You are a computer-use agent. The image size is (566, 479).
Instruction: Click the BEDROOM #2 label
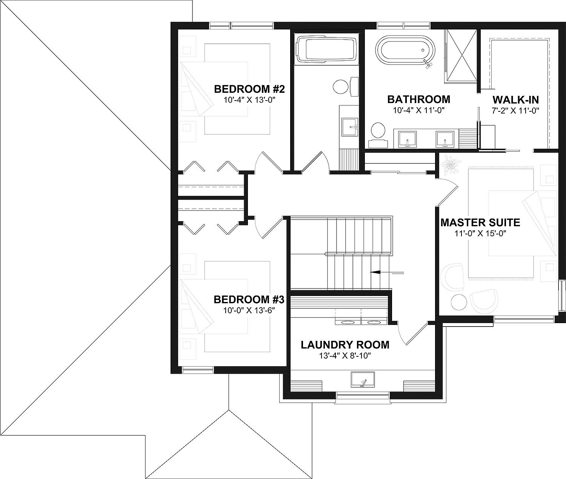coord(249,89)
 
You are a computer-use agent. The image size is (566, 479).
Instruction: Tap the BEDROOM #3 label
coord(249,300)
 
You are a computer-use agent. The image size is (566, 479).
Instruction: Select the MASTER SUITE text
coord(480,222)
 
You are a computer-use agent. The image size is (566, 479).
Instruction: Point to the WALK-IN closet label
coord(515,100)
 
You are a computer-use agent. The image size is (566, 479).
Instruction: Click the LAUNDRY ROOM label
coord(345,345)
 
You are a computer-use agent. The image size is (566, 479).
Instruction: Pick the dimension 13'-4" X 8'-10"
coord(345,356)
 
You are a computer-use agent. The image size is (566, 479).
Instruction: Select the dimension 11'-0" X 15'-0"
coord(480,234)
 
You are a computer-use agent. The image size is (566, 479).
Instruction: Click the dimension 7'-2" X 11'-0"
coord(515,111)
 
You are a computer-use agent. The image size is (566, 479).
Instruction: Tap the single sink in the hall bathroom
coord(349,126)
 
